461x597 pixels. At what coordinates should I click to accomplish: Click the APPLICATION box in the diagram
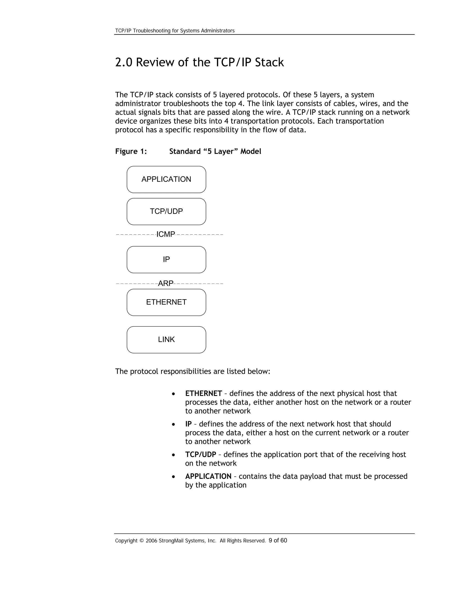(x=166, y=179)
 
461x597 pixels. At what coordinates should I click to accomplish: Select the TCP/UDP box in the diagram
(x=166, y=211)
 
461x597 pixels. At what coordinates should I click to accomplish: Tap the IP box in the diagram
(x=166, y=259)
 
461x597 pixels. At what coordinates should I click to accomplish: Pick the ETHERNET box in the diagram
(x=166, y=302)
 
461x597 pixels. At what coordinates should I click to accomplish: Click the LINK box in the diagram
(x=166, y=340)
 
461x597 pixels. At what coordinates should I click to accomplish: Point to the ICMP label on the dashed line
(x=165, y=234)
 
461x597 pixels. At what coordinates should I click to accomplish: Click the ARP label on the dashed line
(x=165, y=283)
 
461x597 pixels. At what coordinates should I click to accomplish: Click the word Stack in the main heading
(x=269, y=62)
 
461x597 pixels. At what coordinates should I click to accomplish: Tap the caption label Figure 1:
(x=131, y=151)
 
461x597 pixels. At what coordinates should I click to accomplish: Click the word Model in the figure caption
(x=251, y=151)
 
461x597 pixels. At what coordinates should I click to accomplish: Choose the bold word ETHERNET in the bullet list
(x=203, y=393)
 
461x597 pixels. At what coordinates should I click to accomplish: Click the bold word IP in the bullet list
(x=188, y=424)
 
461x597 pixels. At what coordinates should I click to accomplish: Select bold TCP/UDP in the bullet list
(x=201, y=454)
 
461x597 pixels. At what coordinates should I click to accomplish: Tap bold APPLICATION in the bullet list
(x=208, y=476)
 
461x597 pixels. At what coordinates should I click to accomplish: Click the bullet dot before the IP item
(x=173, y=424)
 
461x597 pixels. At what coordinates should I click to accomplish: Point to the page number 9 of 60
(x=278, y=540)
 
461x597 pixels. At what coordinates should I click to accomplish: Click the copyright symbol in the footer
(x=141, y=541)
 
